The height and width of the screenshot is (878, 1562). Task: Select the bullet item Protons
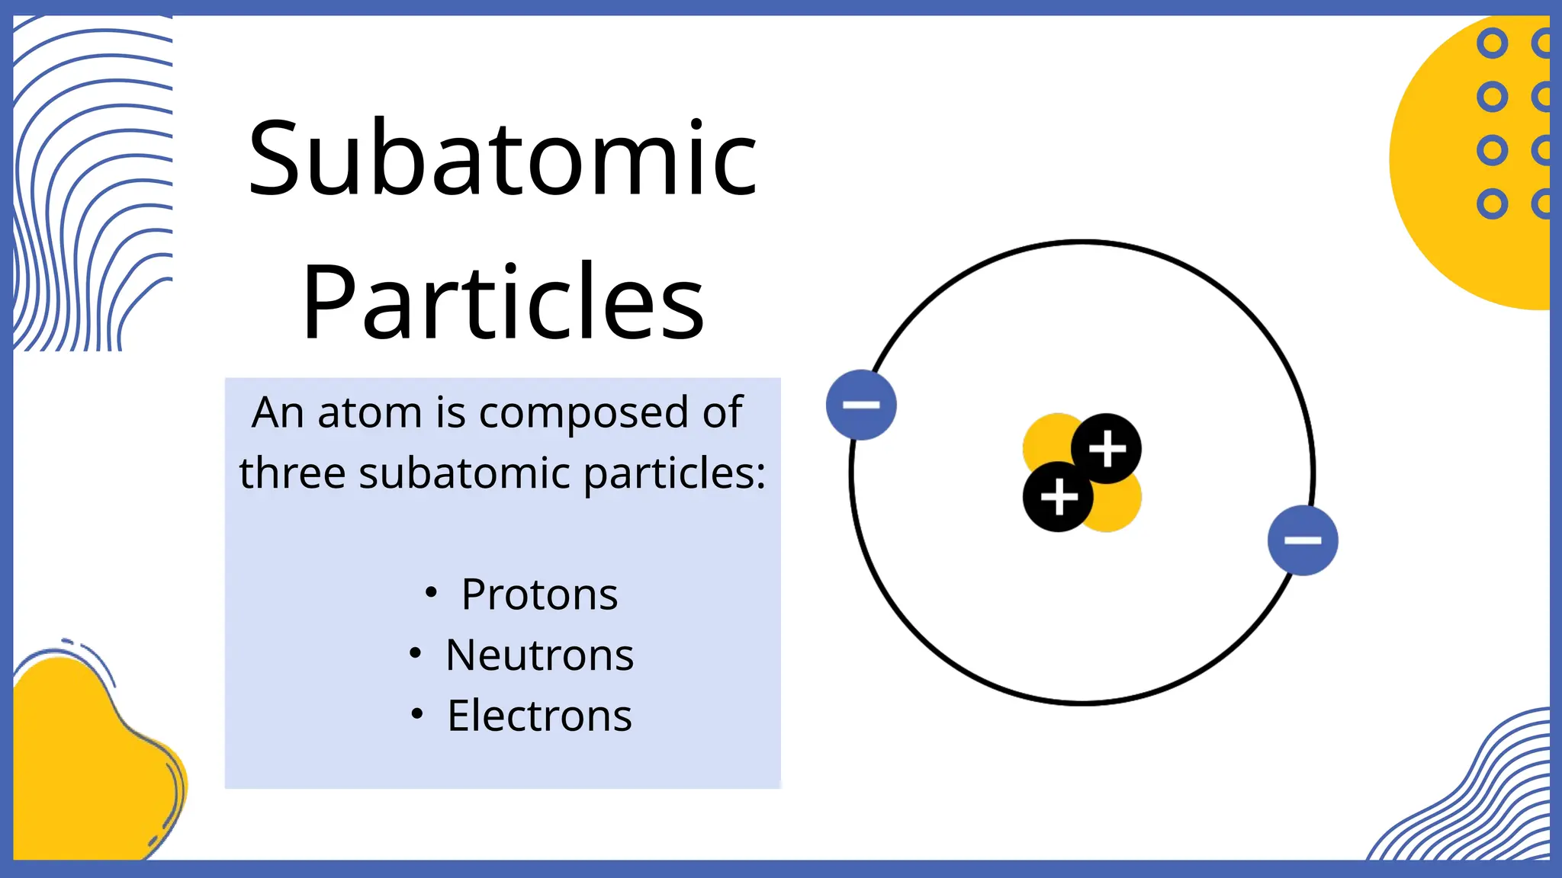point(538,594)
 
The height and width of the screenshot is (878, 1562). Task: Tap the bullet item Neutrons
point(538,655)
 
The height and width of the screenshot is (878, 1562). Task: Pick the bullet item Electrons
point(538,716)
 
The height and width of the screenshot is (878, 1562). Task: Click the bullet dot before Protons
point(431,592)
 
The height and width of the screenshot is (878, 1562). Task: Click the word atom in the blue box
point(369,413)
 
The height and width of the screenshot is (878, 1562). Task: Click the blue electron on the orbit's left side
point(861,405)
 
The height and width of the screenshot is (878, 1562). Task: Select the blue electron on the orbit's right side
point(1302,540)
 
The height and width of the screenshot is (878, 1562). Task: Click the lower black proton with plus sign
point(1057,497)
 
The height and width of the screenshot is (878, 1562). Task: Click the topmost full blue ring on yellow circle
point(1492,44)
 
